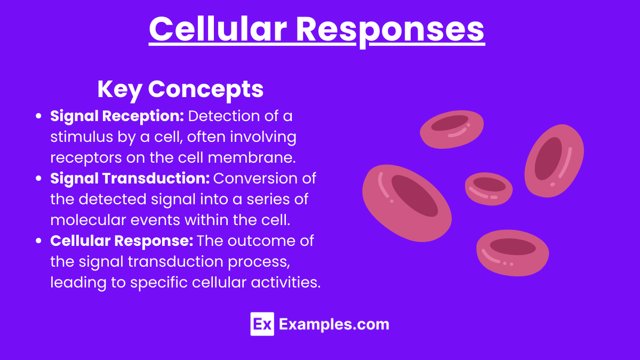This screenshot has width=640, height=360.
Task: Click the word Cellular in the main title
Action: coord(218,29)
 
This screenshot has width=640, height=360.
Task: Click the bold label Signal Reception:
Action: coord(117,117)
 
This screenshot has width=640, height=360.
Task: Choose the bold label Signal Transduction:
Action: coord(130,178)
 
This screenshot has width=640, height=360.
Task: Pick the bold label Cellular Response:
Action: coord(122,241)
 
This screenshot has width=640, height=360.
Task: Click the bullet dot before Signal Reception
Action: coord(38,116)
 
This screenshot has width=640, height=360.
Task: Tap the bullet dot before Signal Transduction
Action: coord(38,178)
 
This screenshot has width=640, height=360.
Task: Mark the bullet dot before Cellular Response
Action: coord(38,241)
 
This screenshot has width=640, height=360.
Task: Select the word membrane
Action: coord(251,157)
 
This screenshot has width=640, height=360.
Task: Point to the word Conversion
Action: coord(257,178)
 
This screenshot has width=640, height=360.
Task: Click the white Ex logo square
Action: coord(262,324)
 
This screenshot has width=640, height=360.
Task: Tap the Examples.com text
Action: coord(334,325)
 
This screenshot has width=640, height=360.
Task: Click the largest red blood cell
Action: coord(407,203)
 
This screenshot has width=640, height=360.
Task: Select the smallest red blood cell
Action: coord(489,189)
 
